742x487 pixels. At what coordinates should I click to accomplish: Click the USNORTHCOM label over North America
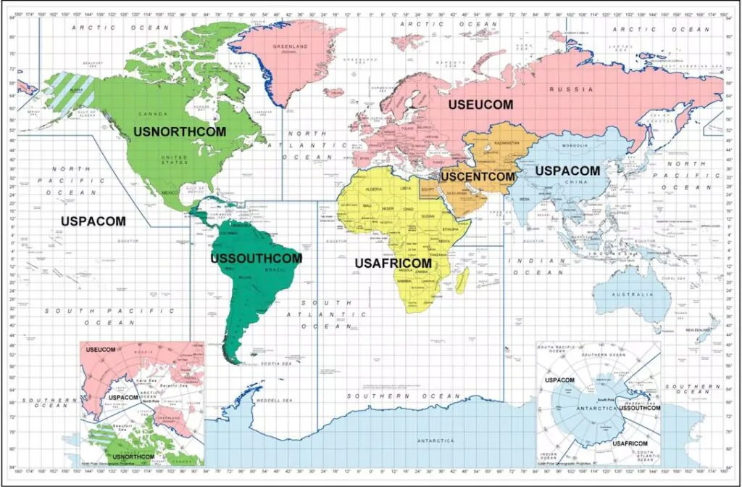(x=179, y=132)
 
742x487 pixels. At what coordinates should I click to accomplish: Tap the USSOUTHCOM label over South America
(x=256, y=258)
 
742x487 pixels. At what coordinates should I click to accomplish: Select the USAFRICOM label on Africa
(x=393, y=263)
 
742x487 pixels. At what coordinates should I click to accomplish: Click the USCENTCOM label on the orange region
(x=478, y=176)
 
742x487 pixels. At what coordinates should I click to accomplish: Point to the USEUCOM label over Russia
(x=480, y=105)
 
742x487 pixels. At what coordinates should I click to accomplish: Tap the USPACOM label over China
(x=567, y=171)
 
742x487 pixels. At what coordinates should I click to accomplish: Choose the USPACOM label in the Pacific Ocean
(x=93, y=221)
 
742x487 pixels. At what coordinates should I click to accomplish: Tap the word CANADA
(x=157, y=114)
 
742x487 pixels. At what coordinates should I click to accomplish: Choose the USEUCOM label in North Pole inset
(x=101, y=350)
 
